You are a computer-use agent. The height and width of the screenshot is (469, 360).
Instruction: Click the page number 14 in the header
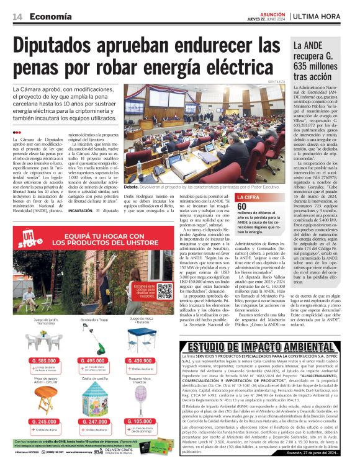click(x=17, y=17)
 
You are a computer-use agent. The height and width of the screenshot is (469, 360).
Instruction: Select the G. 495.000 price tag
click(x=93, y=360)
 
